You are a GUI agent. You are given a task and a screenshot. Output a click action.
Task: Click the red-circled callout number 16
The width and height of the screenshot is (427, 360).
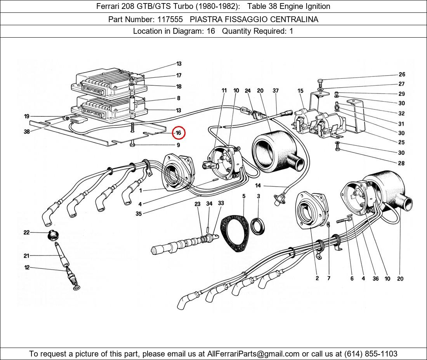pyautogui.click(x=179, y=133)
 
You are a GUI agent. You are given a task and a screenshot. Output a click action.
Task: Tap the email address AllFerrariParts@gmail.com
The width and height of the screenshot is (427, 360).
pyautogui.click(x=253, y=354)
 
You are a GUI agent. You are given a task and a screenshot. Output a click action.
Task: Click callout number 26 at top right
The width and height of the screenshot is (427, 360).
pyautogui.click(x=401, y=74)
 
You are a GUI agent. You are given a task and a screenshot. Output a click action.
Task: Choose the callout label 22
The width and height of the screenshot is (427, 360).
pyautogui.click(x=26, y=232)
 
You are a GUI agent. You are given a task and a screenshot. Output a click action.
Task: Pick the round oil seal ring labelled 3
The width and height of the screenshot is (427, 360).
pyautogui.click(x=258, y=227)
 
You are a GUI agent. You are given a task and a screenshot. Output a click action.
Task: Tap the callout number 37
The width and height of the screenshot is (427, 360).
pyautogui.click(x=276, y=91)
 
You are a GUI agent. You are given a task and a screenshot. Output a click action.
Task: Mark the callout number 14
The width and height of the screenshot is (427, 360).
pyautogui.click(x=258, y=186)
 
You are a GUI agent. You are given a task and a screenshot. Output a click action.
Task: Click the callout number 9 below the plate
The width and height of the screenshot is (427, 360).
pyautogui.click(x=178, y=145)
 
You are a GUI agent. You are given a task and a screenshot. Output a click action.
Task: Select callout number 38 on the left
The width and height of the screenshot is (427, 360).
pyautogui.click(x=26, y=132)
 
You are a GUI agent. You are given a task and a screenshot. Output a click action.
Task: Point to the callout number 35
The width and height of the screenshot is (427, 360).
pyautogui.click(x=139, y=213)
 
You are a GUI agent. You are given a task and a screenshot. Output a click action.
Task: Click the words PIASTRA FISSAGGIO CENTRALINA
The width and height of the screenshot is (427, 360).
pyautogui.click(x=254, y=19)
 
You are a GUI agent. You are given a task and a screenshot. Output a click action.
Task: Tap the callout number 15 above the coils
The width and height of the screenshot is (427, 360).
pyautogui.click(x=300, y=91)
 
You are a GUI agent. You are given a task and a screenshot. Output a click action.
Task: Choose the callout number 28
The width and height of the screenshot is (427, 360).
pyautogui.click(x=401, y=163)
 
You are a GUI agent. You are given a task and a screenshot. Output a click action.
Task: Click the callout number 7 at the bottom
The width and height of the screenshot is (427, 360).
pyautogui.click(x=328, y=278)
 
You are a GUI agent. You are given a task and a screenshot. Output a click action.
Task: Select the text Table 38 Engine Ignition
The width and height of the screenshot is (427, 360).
pyautogui.click(x=289, y=6)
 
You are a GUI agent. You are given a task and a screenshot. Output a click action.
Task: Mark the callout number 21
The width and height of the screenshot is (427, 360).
pyautogui.click(x=26, y=256)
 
